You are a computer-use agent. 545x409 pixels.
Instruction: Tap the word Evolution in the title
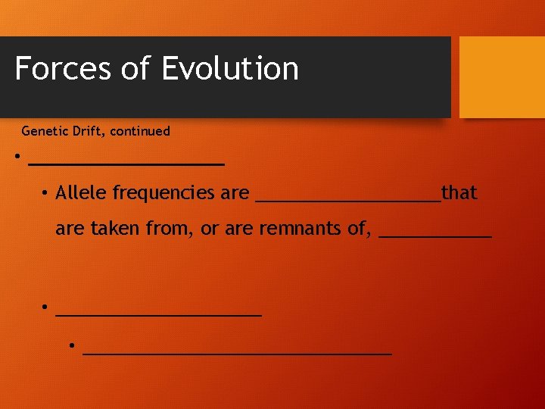pos(229,68)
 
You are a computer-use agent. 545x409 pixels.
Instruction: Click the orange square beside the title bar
pos(502,76)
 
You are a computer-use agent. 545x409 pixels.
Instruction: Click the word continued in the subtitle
pos(140,131)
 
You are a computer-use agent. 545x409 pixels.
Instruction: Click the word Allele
pos(81,193)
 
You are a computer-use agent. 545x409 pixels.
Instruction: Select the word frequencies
pos(164,193)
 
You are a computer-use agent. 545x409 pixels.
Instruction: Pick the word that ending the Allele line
pos(459,193)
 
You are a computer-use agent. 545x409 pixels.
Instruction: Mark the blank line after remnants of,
pos(435,236)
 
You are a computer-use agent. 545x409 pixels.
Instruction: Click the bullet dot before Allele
pos(45,192)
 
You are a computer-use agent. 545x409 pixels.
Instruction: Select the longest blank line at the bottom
pos(237,352)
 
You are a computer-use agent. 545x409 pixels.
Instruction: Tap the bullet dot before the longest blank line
pos(71,345)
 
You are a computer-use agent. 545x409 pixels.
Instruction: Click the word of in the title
pos(135,68)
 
